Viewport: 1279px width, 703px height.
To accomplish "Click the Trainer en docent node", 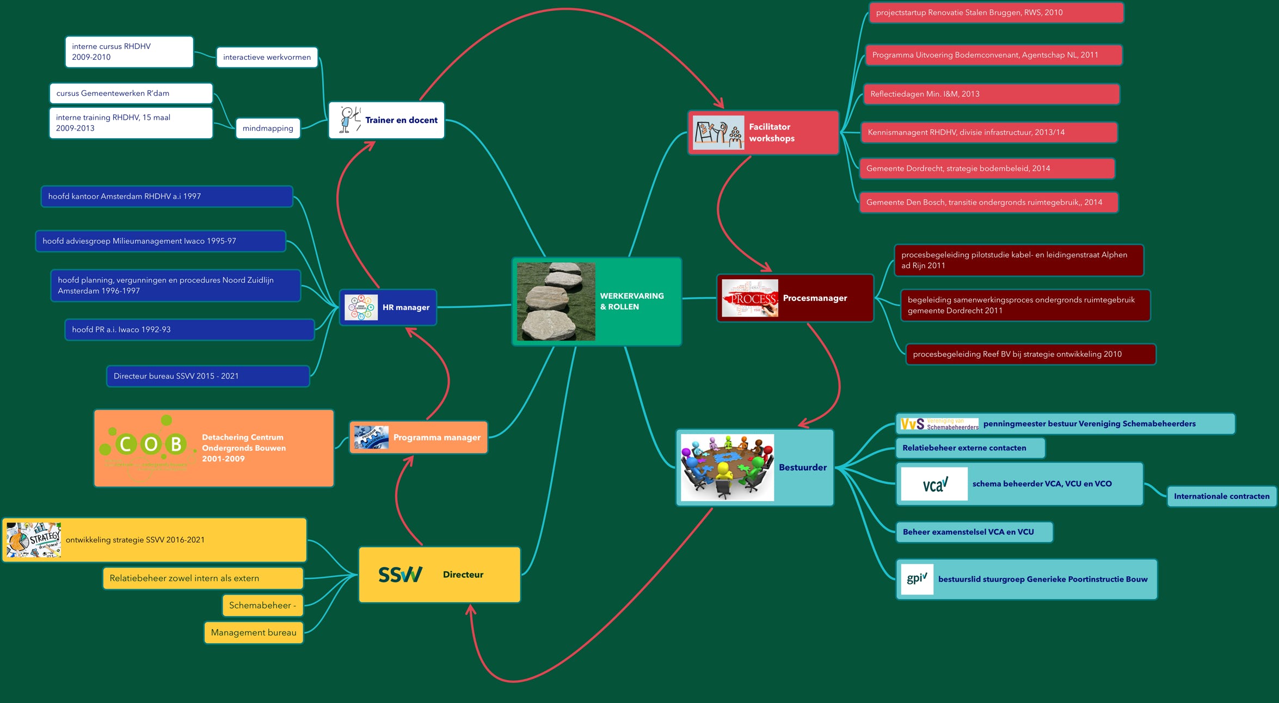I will (386, 120).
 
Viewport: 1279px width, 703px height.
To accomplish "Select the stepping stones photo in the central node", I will (556, 301).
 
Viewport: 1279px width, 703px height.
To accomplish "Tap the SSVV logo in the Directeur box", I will (400, 575).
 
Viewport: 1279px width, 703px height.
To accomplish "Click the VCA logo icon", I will (934, 484).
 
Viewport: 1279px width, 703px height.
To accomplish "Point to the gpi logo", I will (917, 579).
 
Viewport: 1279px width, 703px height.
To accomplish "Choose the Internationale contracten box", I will (1221, 496).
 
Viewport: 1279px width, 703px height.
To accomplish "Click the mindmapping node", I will (268, 128).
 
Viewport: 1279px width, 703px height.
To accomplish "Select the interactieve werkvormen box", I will (267, 57).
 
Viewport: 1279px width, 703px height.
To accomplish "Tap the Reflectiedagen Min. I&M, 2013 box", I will (991, 94).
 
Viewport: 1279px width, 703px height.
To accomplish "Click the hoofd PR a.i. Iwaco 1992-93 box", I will (189, 330).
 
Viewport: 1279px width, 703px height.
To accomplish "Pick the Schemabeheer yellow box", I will (262, 606).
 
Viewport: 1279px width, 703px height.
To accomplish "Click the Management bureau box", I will (254, 633).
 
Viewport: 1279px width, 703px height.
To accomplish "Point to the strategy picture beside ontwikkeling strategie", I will (34, 540).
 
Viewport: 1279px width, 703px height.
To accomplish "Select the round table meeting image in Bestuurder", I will (727, 467).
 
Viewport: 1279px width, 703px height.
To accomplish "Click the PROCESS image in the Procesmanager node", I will (749, 298).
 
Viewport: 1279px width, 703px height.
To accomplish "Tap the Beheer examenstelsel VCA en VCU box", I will (974, 532).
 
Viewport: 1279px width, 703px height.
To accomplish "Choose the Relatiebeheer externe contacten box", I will (970, 448).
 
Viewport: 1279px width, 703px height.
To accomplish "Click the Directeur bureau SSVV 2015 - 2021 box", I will (208, 377).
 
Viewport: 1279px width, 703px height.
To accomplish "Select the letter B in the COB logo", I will (176, 444).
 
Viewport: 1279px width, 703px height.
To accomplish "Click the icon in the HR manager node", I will (361, 307).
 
